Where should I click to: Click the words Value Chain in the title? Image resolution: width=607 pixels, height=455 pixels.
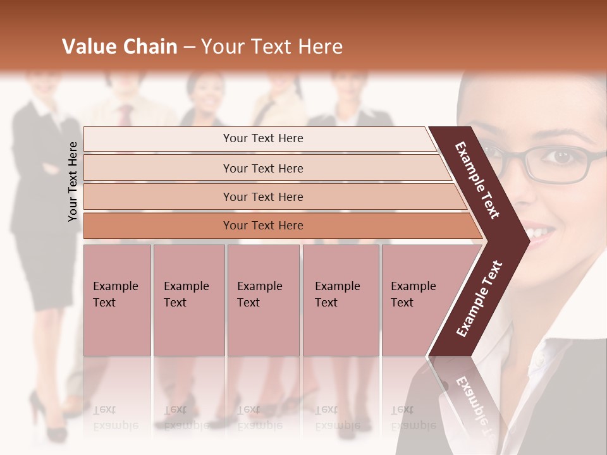click(120, 47)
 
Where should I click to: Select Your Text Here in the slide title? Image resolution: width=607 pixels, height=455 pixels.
click(272, 47)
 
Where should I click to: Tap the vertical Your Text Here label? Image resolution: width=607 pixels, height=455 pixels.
click(73, 181)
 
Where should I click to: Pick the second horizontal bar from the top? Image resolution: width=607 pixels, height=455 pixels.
click(262, 168)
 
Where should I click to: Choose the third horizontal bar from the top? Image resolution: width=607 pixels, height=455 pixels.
click(262, 197)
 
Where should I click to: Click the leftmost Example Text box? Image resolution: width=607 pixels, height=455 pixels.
click(117, 300)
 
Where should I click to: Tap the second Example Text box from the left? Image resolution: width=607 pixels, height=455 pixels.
click(188, 300)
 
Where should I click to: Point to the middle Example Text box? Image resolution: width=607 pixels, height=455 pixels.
click(263, 300)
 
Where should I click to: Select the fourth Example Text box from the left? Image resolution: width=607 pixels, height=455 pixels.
click(340, 300)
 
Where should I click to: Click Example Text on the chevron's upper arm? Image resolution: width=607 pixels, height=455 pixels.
click(477, 180)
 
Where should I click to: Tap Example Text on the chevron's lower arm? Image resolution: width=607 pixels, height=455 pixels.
click(479, 299)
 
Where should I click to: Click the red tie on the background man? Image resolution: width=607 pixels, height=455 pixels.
click(126, 114)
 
